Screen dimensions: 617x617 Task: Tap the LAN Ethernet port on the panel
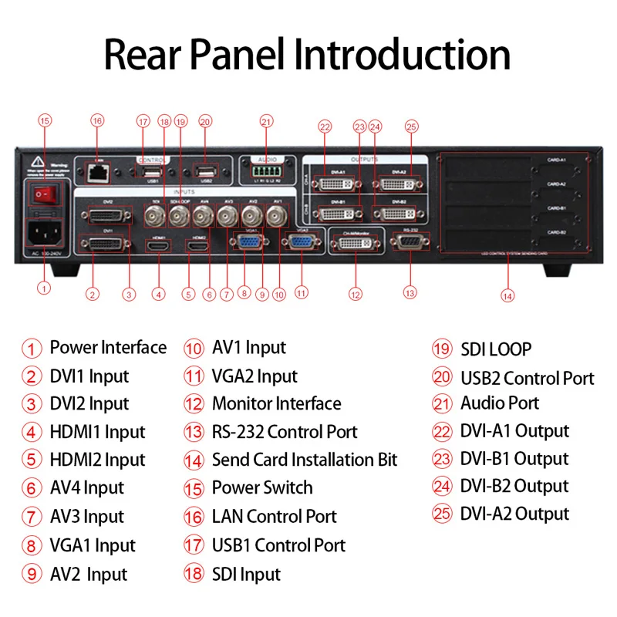pos(97,173)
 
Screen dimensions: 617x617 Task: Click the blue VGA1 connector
pos(249,243)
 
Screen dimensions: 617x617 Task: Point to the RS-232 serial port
pos(410,242)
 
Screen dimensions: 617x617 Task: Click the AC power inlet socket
pos(43,234)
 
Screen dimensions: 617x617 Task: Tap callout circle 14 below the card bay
pos(506,294)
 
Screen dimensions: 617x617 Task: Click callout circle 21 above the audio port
pos(266,120)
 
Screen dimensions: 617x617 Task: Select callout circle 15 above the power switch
pos(45,120)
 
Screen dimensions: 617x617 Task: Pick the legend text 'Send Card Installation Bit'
pos(305,460)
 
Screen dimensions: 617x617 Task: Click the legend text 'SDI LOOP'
pos(496,349)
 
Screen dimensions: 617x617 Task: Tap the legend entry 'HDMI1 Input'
pos(97,432)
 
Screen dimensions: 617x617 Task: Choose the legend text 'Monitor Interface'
pos(276,403)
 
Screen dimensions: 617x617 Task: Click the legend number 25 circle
pos(441,514)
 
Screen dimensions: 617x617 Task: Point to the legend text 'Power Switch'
pos(262,488)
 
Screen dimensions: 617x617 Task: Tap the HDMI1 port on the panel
pos(159,246)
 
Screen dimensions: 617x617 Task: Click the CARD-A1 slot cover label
pos(557,160)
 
